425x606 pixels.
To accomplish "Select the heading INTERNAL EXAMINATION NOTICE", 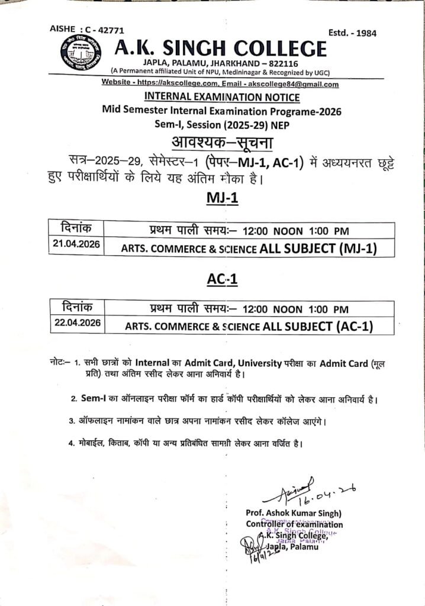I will pos(222,97).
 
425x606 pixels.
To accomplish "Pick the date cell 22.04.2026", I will pos(75,323).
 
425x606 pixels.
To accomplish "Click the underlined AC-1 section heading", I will pos(222,279).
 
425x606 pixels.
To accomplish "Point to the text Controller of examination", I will pos(294,524).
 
